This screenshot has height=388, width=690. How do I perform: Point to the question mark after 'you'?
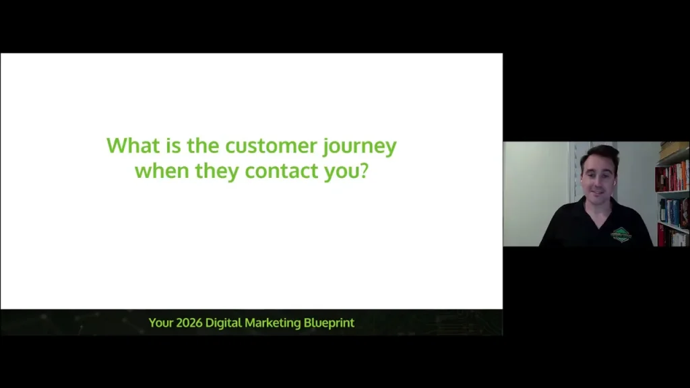coord(364,170)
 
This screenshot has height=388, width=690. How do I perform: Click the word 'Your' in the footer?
coord(160,323)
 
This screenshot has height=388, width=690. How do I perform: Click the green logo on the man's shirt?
coord(621,233)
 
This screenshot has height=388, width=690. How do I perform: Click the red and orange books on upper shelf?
coord(672,176)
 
